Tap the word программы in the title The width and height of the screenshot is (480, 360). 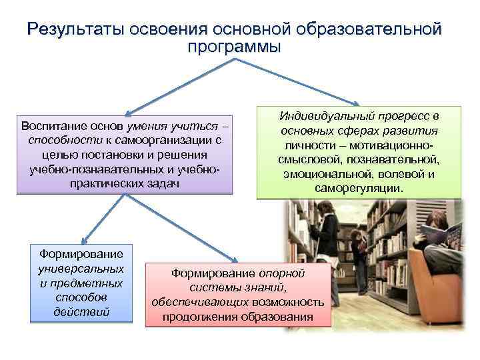pos(234,47)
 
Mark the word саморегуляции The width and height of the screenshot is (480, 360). pos(358,189)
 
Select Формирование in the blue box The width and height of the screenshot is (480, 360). pos(81,254)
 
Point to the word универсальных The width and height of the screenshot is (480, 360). pos(81,269)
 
